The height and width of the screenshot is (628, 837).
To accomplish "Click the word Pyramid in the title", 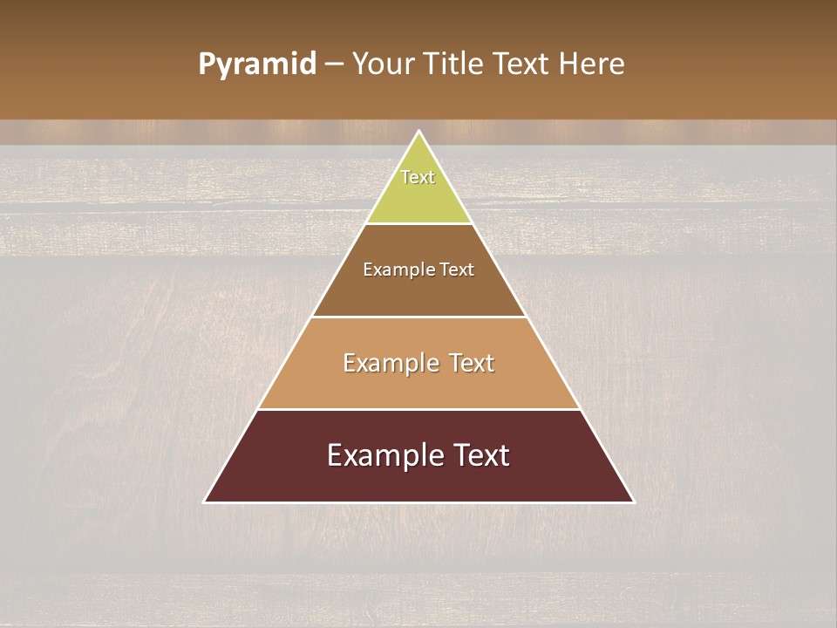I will pos(256,65).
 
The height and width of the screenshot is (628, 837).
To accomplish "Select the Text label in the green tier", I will pos(418,177).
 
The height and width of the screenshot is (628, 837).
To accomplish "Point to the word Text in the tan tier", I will pos(469,363).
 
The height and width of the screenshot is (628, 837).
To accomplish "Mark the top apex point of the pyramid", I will pos(419,132).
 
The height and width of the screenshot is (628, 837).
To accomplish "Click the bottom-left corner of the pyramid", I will pos(205,502).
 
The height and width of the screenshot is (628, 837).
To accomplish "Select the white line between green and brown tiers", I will pos(418,223).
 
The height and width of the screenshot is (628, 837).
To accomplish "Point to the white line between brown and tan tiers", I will pos(418,317).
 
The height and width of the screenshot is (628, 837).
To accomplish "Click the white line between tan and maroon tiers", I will pos(418,409).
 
